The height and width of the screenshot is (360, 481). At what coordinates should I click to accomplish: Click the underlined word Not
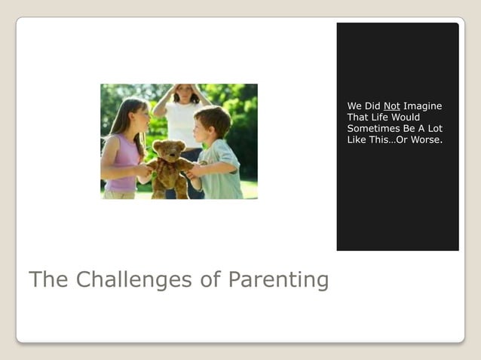click(x=391, y=106)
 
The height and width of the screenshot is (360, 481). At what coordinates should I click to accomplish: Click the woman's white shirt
click(x=181, y=124)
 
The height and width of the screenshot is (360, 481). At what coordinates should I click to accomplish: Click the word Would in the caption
click(x=406, y=117)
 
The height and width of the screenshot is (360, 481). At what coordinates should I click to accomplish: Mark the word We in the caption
click(x=354, y=106)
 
